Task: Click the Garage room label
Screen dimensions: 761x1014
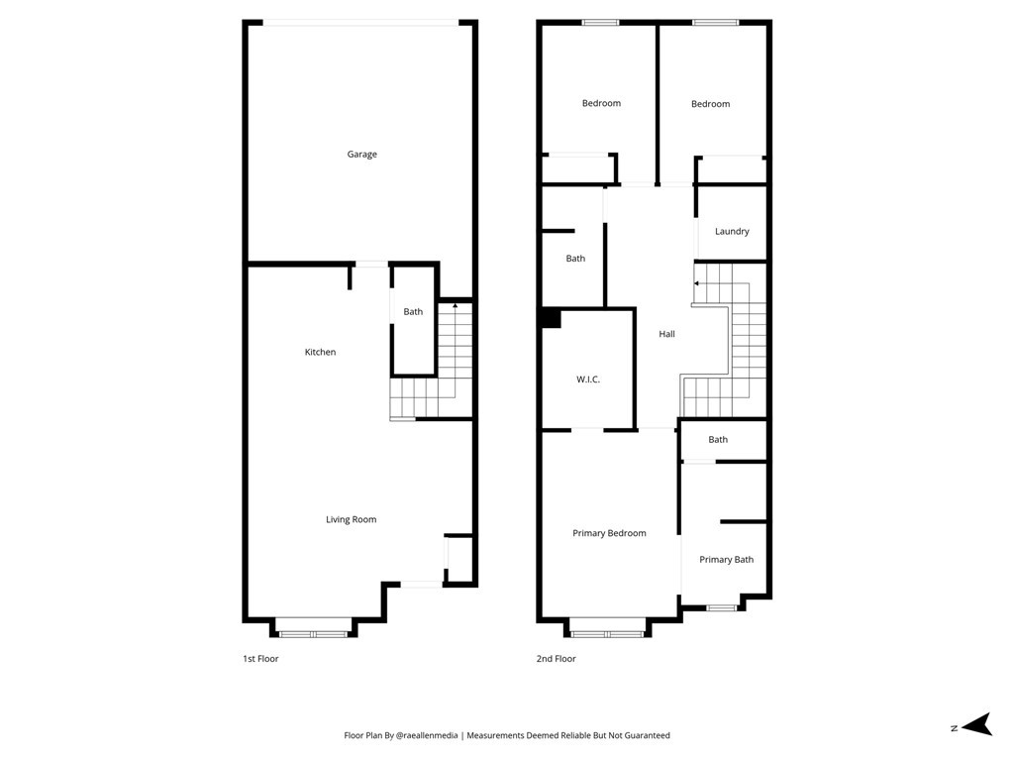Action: tap(361, 155)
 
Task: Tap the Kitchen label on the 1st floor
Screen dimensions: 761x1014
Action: tap(320, 353)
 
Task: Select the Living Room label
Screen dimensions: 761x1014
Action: tap(351, 520)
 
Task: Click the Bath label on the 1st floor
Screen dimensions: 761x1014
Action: tap(413, 312)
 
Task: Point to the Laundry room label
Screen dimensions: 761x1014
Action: tap(732, 232)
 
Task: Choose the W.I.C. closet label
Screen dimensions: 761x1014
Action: tap(588, 380)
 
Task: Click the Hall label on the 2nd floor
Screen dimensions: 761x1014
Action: tap(666, 335)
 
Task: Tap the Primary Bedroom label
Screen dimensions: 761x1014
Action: tap(609, 534)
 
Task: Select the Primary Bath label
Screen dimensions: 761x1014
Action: tap(726, 560)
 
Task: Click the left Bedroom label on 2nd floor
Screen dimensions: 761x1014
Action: tap(601, 104)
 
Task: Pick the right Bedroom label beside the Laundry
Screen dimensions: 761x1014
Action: tap(710, 104)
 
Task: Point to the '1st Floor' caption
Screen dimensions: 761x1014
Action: tap(260, 659)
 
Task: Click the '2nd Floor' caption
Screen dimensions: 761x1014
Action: tap(556, 659)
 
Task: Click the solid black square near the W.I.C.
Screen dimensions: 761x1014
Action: tap(551, 318)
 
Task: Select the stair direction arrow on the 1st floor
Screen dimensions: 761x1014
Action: tap(455, 305)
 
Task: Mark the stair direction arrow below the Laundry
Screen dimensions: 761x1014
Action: tap(697, 283)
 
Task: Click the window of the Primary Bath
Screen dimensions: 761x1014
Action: tap(721, 607)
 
